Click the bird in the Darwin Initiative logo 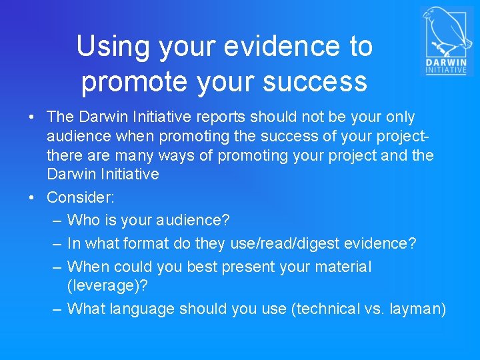[443, 31]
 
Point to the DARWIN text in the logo [447, 63]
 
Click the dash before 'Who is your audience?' [57, 220]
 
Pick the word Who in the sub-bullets [83, 220]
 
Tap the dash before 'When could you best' [57, 267]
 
